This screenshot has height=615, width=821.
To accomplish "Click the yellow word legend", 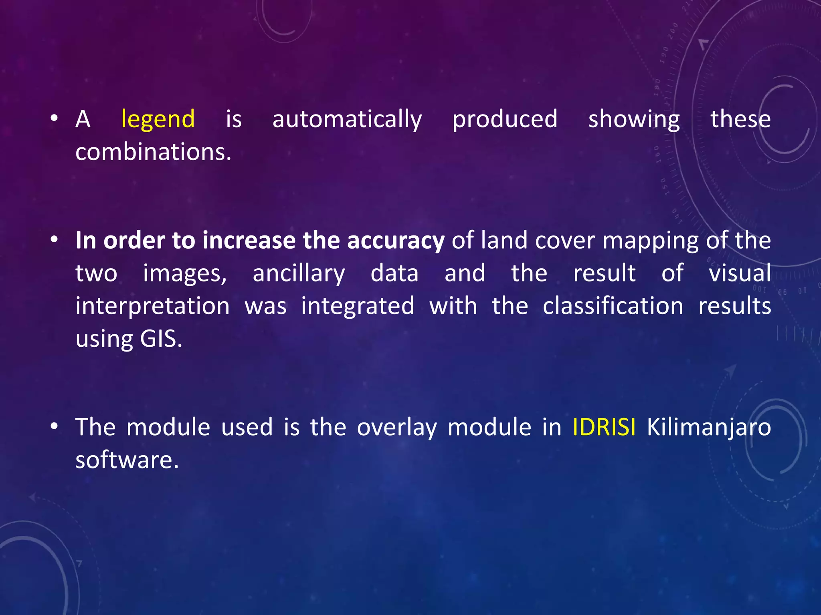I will tap(158, 119).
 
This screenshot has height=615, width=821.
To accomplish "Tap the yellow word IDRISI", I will tap(603, 427).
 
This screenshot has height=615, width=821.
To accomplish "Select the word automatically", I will tap(347, 119).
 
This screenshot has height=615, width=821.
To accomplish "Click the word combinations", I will tap(153, 153).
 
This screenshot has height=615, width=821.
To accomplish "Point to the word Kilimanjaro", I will tap(708, 427).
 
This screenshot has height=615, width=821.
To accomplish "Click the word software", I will tap(127, 460).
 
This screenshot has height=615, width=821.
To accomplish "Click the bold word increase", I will tap(249, 241).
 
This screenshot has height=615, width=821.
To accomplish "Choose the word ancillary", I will tap(299, 274).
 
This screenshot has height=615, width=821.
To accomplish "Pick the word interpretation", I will tap(152, 307).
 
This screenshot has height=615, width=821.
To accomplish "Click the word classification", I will tap(613, 306).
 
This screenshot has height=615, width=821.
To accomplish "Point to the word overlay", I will tap(396, 427).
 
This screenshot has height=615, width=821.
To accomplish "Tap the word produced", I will tap(505, 119).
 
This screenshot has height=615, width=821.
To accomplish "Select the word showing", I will tap(634, 119).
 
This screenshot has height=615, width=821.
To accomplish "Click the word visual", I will tap(740, 273).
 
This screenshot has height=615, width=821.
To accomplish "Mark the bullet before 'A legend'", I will tap(55, 119).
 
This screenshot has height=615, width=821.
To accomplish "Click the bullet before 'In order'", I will tap(55, 240).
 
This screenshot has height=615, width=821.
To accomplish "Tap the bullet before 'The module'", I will tap(55, 426).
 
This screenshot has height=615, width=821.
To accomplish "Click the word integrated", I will tap(358, 307).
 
